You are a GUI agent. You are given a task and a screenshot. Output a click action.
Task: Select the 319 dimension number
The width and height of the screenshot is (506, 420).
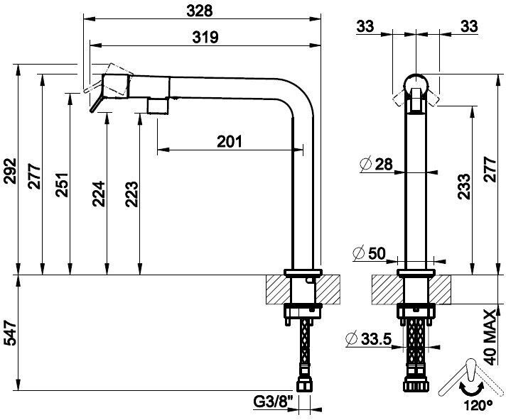click(203, 37)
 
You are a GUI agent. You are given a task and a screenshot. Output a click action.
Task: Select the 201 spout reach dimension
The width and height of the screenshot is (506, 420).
click(230, 141)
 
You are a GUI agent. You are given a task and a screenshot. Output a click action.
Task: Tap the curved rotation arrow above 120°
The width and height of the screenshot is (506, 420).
click(473, 388)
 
